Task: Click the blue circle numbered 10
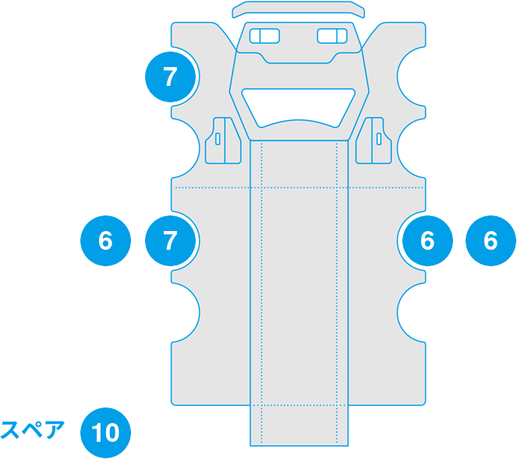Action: pos(105,432)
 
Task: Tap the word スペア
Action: pos(32,430)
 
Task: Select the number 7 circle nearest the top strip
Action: pos(171,76)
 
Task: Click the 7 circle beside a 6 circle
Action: pos(171,240)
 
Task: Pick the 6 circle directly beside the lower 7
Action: pos(105,240)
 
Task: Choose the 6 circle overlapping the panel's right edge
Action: pos(427,240)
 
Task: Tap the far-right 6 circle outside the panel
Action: pos(490,240)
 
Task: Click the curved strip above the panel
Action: pos(299,9)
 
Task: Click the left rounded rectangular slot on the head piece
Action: pos(264,36)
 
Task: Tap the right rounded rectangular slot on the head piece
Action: pos(332,36)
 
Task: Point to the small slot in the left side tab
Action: pos(218,139)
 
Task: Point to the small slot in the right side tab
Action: pos(379,139)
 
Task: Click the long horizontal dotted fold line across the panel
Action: pos(299,188)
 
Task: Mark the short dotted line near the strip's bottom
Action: pos(299,405)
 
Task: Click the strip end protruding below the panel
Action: pos(299,425)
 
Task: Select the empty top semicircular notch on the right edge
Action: pos(411,76)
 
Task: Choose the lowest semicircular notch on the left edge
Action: pos(186,312)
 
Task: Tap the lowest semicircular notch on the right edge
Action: pos(411,312)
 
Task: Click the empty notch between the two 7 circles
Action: pos(186,148)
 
